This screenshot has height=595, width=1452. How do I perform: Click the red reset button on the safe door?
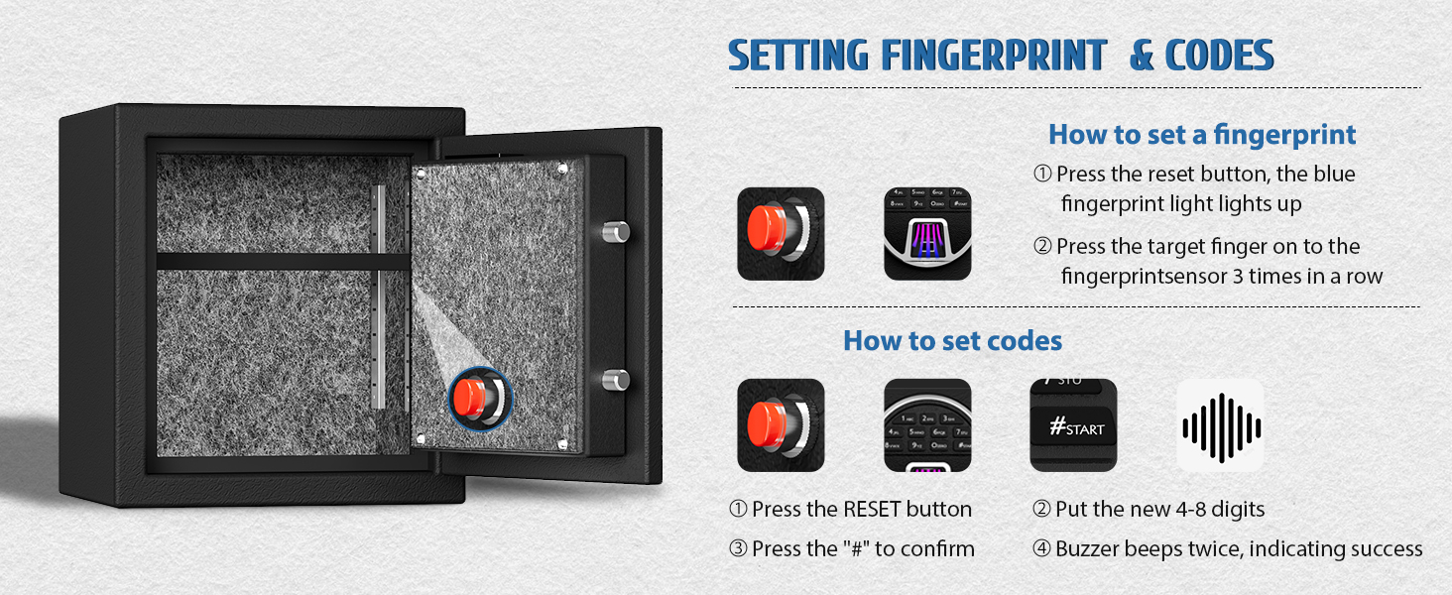[x=470, y=398]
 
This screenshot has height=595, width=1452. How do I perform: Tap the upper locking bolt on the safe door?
[x=616, y=231]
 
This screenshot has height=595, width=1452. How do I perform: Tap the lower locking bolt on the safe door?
[x=616, y=379]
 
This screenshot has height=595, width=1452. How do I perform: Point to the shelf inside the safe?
[x=284, y=261]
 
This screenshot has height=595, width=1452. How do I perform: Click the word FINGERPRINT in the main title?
[x=994, y=56]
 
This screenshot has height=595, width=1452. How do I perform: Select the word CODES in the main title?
[x=1219, y=56]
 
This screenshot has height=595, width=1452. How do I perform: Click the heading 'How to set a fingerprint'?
[x=1202, y=135]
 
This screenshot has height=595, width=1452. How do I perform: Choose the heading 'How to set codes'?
[x=952, y=341]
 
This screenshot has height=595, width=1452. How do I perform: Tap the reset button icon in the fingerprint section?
[x=781, y=234]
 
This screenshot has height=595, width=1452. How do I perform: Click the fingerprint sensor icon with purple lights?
[x=927, y=234]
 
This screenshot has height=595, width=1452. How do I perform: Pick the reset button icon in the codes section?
[x=781, y=425]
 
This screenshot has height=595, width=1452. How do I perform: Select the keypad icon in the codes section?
[x=927, y=425]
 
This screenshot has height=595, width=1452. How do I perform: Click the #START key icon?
[x=1073, y=425]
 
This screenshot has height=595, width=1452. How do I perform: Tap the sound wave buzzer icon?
[x=1221, y=425]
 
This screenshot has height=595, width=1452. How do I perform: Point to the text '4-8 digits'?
[x=1220, y=510]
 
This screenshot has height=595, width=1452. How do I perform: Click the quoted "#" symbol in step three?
[x=856, y=549]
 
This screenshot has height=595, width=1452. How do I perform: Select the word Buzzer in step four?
[x=1088, y=549]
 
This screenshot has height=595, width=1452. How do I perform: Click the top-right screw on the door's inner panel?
[x=562, y=169]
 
